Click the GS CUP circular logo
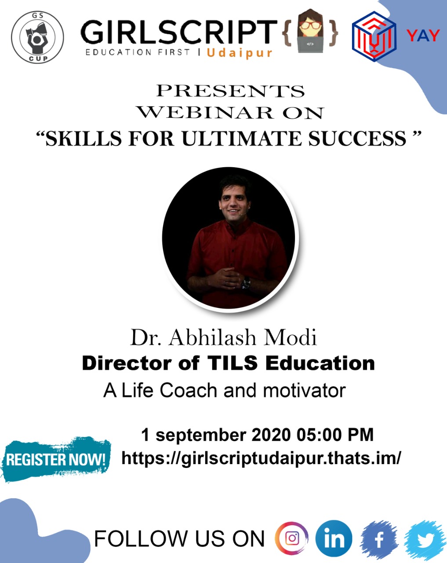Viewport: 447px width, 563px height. click(x=37, y=37)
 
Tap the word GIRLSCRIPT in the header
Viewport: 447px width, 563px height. click(x=179, y=32)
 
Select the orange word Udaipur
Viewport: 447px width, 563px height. click(x=240, y=53)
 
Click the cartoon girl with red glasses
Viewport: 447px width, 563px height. click(x=310, y=31)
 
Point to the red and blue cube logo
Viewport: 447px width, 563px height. click(x=374, y=37)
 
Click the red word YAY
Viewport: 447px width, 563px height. click(x=423, y=36)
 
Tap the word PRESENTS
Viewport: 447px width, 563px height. click(x=231, y=91)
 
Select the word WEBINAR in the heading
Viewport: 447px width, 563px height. click(x=205, y=113)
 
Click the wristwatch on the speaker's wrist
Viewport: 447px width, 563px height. click(x=246, y=283)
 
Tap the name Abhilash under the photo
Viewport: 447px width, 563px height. click(x=212, y=337)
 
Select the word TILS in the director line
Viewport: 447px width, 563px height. click(x=233, y=363)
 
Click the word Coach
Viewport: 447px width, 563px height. click(x=189, y=391)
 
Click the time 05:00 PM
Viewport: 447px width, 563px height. click(x=335, y=435)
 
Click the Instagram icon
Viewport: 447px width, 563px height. click(x=292, y=538)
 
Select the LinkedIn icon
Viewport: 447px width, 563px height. click(x=334, y=538)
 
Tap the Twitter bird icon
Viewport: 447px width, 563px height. click(x=425, y=539)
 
